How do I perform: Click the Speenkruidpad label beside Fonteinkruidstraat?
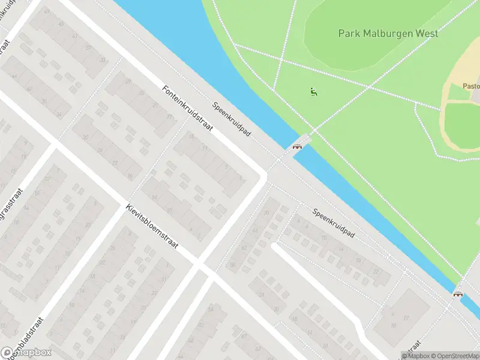(231, 118)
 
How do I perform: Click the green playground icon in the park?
(313, 92)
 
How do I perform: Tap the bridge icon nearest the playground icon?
(296, 146)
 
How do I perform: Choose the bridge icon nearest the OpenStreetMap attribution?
(458, 293)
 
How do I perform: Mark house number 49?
(47, 11)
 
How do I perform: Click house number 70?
(266, 212)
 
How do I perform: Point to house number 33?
(103, 59)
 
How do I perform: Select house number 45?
(60, 23)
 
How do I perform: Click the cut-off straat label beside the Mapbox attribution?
(412, 346)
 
